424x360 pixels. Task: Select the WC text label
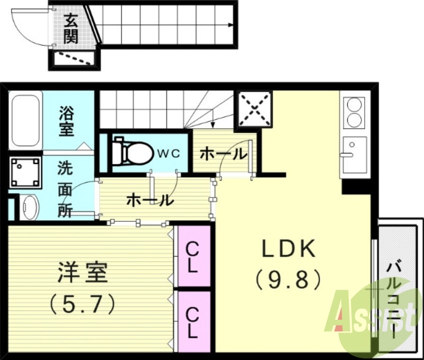point(169,153)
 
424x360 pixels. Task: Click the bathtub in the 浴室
point(25,121)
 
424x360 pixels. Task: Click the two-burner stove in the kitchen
point(355,113)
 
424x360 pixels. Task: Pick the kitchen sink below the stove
point(354,154)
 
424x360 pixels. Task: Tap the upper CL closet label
point(192,257)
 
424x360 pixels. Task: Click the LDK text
point(289,249)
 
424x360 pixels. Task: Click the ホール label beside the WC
point(223,155)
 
